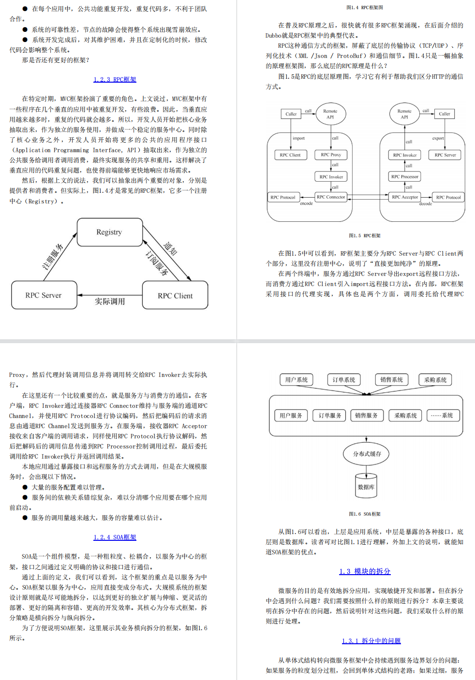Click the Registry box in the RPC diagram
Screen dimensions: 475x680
tap(110, 232)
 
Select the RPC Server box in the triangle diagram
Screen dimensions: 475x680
tap(44, 295)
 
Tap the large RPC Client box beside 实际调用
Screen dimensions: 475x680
tap(175, 295)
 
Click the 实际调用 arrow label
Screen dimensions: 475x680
tap(110, 302)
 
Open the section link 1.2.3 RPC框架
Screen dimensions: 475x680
tap(115, 80)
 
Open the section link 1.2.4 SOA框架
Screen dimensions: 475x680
tap(115, 537)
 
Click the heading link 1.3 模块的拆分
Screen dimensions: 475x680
tap(365, 571)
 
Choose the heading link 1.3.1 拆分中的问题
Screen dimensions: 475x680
tap(371, 641)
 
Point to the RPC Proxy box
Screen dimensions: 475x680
tap(331, 155)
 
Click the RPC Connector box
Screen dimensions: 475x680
tap(331, 197)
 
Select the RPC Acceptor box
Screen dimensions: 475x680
tap(405, 197)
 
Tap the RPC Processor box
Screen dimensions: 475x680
tap(405, 176)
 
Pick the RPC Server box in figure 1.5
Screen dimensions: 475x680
tap(445, 155)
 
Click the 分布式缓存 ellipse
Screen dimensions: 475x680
tap(367, 454)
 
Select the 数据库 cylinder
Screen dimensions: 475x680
tap(366, 486)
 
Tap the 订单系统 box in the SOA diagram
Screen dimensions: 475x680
tap(344, 379)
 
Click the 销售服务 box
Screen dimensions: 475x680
tap(367, 415)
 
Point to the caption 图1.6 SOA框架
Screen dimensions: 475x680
tap(365, 514)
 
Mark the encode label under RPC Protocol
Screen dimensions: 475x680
tap(306, 203)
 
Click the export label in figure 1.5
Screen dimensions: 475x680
tap(438, 138)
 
